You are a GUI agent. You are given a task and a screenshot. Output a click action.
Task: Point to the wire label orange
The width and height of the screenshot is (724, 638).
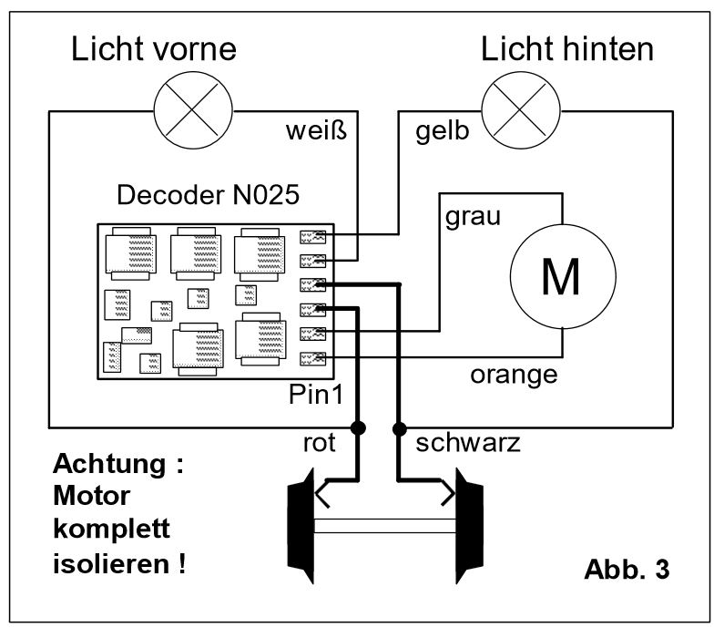click(x=514, y=374)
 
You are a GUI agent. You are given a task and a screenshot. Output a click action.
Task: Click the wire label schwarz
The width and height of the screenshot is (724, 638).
click(x=467, y=444)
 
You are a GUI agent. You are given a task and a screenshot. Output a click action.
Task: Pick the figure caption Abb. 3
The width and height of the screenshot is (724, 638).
click(x=627, y=571)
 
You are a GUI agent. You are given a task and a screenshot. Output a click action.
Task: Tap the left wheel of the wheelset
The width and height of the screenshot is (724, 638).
click(x=301, y=526)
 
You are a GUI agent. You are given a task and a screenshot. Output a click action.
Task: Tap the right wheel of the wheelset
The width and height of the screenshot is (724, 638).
click(x=469, y=526)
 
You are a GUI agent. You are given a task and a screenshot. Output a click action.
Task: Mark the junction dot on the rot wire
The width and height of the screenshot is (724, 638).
click(x=359, y=427)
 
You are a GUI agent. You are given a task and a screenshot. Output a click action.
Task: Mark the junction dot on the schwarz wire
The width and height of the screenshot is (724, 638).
click(x=399, y=427)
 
